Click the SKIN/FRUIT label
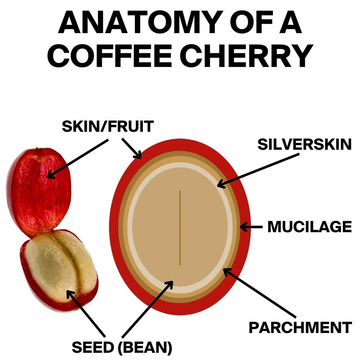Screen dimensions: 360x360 [108, 127]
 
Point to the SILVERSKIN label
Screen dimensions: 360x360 [304, 144]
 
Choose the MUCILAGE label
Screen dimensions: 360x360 [309, 227]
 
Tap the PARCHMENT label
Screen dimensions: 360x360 [300, 328]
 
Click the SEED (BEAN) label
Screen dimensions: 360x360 [122, 347]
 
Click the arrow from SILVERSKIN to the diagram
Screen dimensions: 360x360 [257, 171]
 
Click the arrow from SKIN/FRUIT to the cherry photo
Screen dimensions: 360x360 [77, 158]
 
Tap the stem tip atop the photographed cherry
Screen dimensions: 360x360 [36, 148]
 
